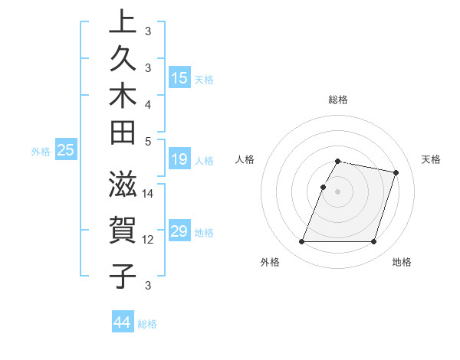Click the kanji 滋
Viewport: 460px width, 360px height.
(123, 185)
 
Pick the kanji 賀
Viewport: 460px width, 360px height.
(123, 229)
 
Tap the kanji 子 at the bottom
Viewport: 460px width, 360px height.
(123, 274)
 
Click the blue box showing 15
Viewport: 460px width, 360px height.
(179, 78)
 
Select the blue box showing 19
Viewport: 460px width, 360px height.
(179, 159)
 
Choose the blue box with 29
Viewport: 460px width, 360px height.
(179, 231)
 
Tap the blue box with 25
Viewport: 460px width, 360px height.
(65, 151)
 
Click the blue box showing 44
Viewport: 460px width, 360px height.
(122, 322)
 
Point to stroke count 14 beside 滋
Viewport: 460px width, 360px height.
(148, 194)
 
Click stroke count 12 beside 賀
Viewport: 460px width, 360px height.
(148, 239)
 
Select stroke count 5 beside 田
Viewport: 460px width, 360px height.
(148, 141)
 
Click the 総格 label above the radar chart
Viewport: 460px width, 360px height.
(338, 100)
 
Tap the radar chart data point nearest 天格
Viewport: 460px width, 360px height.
(396, 173)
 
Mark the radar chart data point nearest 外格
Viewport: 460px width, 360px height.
(302, 242)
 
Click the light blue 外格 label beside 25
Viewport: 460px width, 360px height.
(41, 152)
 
